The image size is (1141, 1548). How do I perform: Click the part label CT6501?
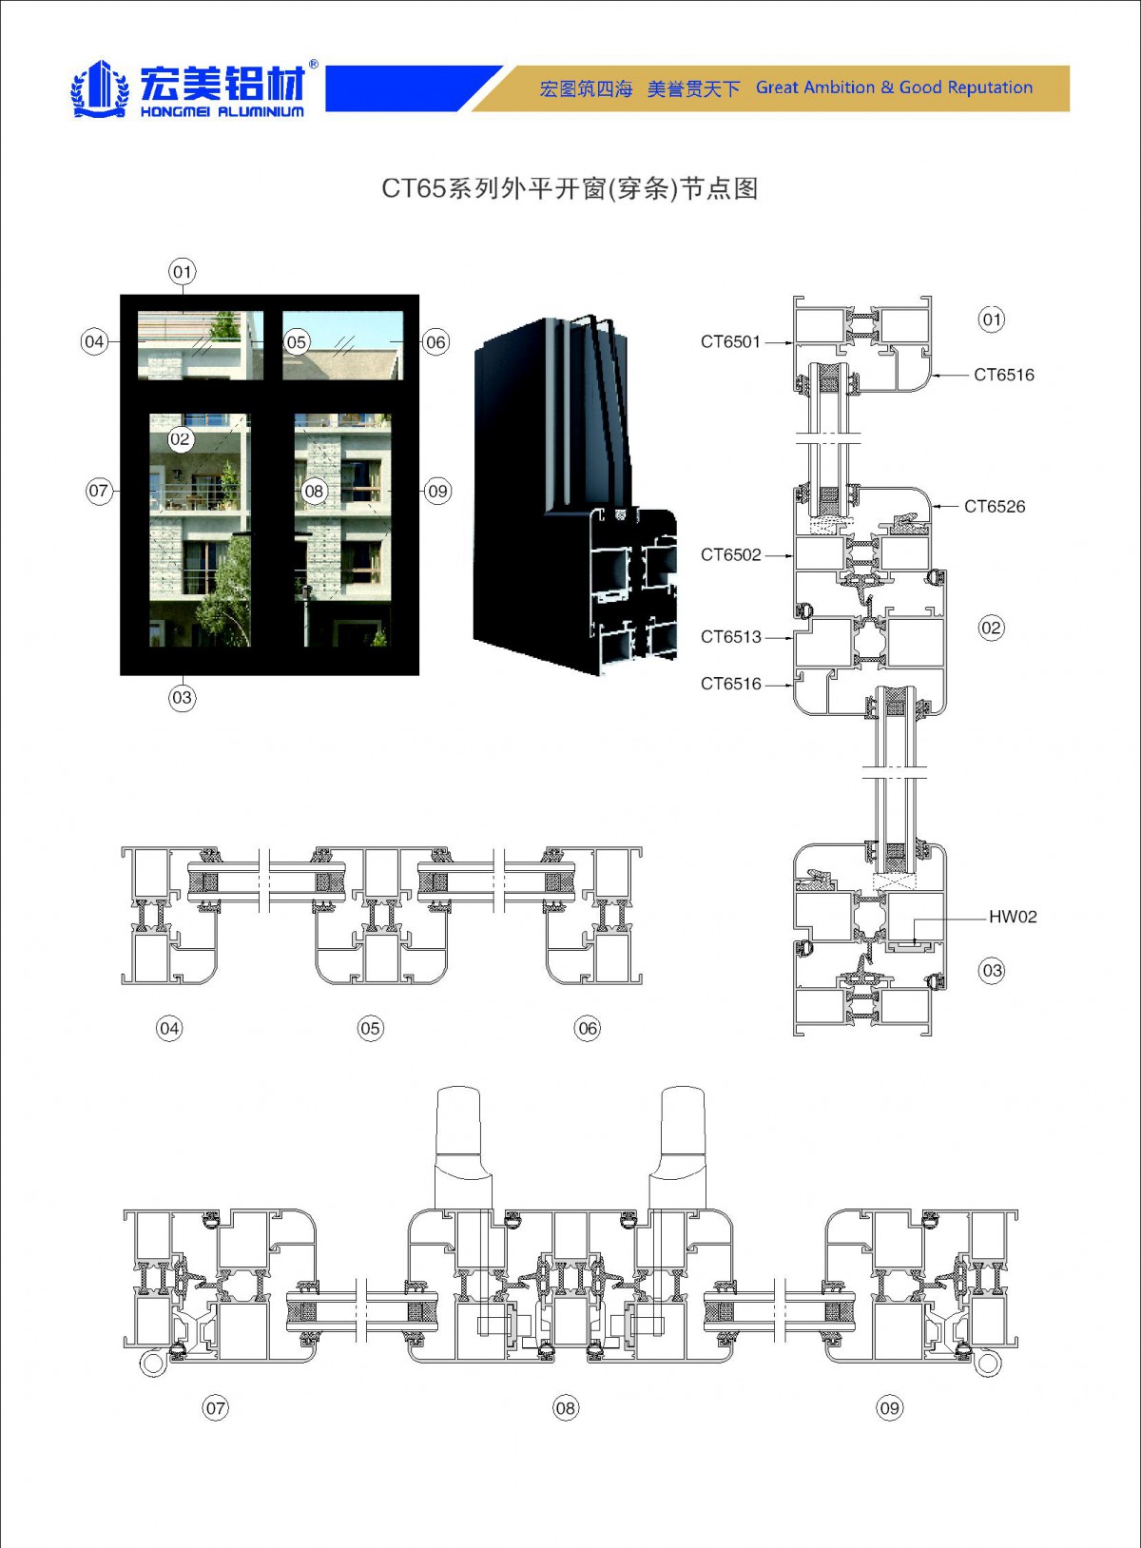730,342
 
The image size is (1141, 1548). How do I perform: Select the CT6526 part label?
995,507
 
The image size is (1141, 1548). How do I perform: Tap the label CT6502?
730,555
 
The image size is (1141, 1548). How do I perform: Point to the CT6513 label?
730,637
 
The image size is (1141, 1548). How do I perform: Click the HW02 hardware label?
1013,918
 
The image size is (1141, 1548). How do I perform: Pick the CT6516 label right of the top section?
1003,375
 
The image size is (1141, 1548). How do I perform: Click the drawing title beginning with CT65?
570,188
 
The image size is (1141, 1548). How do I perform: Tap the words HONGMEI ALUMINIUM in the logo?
222,112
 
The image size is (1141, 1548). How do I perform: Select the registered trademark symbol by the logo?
314,66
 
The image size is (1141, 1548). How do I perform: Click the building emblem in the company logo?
100,88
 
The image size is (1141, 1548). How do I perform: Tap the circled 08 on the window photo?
314,492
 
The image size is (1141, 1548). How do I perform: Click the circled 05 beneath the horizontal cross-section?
370,1028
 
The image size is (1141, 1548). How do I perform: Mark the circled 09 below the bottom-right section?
889,1408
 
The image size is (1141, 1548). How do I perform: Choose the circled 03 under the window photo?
182,698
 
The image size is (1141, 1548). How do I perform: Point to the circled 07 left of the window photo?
98,492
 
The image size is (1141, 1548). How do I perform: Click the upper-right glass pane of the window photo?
342,345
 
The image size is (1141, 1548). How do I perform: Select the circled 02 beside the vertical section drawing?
991,628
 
